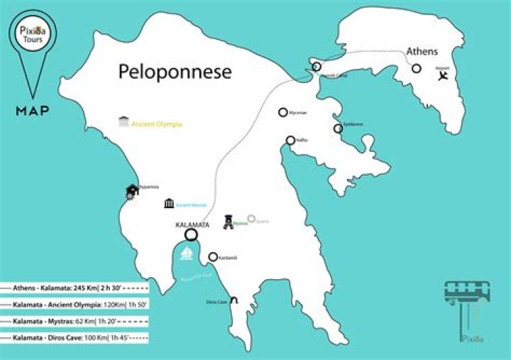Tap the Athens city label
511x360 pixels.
click(x=422, y=51)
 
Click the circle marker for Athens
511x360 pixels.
click(x=417, y=69)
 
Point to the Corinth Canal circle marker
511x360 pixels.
click(x=317, y=67)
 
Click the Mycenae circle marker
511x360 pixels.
click(x=282, y=112)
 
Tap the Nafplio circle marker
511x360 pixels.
click(x=290, y=141)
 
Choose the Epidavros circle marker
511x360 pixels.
click(x=338, y=129)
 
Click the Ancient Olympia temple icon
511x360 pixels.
click(x=124, y=122)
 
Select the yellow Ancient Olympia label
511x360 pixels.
click(x=157, y=124)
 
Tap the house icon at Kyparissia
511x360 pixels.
click(x=132, y=190)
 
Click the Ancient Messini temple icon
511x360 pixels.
click(x=169, y=204)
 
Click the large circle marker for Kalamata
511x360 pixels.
click(x=190, y=235)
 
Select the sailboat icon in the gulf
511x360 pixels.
click(x=187, y=253)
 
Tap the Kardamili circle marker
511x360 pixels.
click(x=212, y=257)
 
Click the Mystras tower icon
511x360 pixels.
click(x=228, y=222)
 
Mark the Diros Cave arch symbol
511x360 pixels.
click(x=233, y=300)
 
